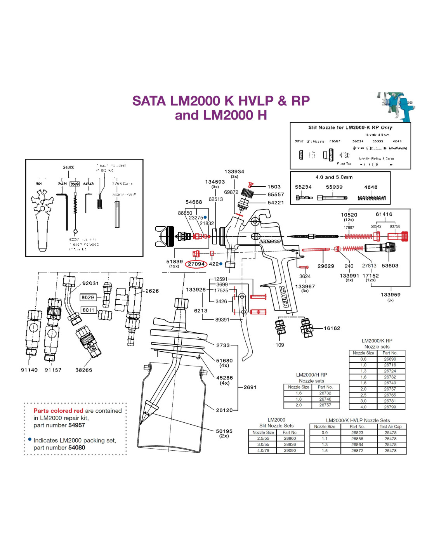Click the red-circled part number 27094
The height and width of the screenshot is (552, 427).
click(196, 264)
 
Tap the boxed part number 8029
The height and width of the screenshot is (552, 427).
click(88, 297)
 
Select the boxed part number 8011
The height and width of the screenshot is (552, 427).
click(88, 310)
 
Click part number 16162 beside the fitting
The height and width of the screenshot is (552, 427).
click(332, 328)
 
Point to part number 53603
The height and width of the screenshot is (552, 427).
click(390, 266)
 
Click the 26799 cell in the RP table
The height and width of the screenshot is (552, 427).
click(390, 407)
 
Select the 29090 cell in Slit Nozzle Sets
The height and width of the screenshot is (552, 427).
click(290, 450)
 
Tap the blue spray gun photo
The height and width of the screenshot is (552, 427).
click(396, 107)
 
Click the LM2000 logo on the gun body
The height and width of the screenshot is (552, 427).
click(270, 241)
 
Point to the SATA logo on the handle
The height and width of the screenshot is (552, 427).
click(284, 297)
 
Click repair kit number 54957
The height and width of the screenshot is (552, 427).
click(76, 425)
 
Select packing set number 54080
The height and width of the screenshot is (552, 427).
click(76, 448)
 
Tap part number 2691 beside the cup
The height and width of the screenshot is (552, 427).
click(250, 387)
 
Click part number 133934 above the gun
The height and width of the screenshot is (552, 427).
click(234, 172)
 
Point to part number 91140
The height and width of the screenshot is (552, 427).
click(29, 370)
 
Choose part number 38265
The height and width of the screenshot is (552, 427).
click(83, 370)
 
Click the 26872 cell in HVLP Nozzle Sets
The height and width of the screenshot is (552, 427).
click(357, 451)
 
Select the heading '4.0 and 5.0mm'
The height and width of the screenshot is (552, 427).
click(334, 177)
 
